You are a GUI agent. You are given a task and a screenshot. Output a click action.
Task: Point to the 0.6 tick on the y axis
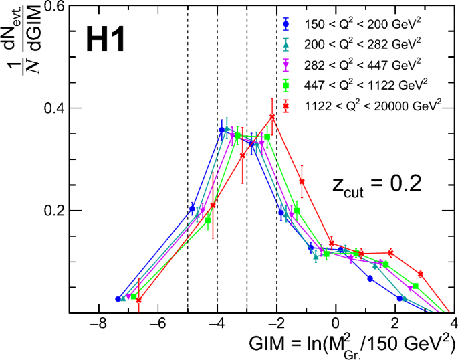(53, 6)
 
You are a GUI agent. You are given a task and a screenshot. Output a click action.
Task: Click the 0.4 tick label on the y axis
(53, 108)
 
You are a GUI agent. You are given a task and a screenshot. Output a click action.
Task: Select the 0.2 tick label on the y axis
(53, 210)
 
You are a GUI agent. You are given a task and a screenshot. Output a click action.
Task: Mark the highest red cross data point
(272, 117)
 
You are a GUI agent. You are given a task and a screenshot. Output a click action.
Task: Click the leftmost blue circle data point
(118, 299)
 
